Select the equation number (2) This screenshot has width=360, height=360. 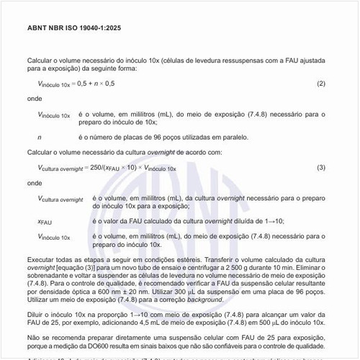tap(321, 84)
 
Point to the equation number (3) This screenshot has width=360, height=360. tap(321, 167)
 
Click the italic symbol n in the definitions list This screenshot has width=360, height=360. tap(39, 136)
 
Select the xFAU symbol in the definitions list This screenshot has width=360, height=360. tap(45, 222)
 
